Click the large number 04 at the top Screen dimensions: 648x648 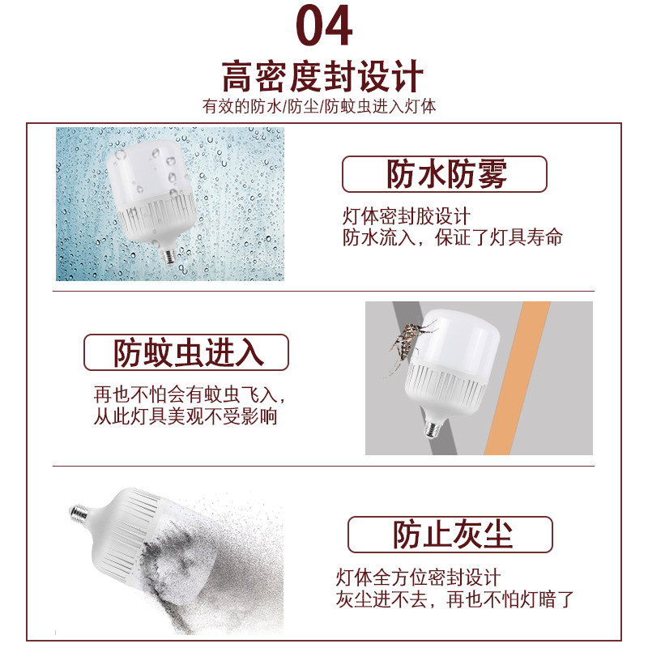tap(323, 26)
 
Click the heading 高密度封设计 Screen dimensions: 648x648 tap(323, 77)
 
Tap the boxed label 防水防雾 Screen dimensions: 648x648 tap(445, 174)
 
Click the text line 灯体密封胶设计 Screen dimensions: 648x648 tap(407, 217)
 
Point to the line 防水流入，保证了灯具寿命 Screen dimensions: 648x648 tap(453, 238)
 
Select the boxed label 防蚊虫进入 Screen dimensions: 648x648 tap(186, 352)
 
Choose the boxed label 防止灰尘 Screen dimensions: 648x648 tap(450, 535)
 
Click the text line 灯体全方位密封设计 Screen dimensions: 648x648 tap(419, 578)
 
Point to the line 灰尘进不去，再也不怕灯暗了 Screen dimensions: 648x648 tap(455, 600)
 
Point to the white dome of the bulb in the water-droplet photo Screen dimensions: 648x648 tap(146, 170)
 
